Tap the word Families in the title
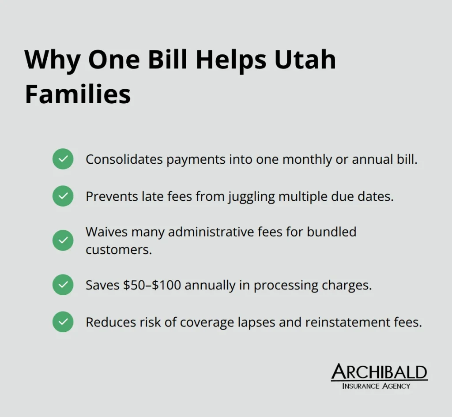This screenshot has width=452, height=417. tap(78, 94)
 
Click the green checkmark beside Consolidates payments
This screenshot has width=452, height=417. tap(63, 159)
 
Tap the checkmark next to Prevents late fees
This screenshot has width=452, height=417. tap(63, 196)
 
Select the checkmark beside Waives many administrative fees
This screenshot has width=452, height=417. tap(63, 240)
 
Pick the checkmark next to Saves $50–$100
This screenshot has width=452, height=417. tap(63, 285)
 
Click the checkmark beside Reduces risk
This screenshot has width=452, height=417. tap(63, 322)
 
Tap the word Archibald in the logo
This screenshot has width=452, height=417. tap(379, 372)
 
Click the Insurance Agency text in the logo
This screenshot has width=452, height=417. tap(376, 386)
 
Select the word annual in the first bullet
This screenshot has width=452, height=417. tap(372, 159)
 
